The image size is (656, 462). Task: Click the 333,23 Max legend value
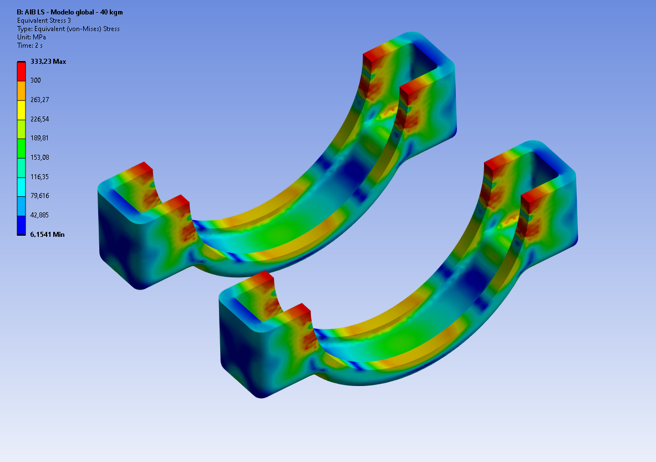48,62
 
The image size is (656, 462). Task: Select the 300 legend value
35,80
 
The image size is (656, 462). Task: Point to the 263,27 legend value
40,100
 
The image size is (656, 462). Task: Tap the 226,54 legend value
40,119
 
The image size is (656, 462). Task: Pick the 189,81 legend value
39,138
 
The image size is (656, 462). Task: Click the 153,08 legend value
40,158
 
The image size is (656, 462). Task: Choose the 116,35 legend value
40,176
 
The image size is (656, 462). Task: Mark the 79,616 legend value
40,196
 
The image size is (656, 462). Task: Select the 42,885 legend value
40,215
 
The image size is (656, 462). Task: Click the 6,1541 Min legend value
47,235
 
